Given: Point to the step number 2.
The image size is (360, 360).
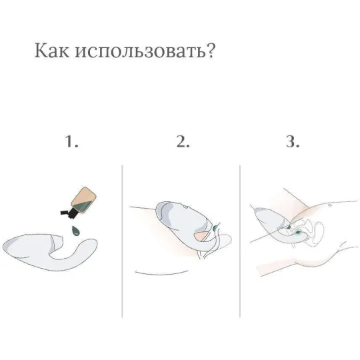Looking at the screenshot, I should click(182, 142).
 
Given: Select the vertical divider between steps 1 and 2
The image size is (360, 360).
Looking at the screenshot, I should click(123, 240).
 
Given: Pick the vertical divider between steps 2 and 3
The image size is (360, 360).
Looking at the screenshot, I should click(239, 240).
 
